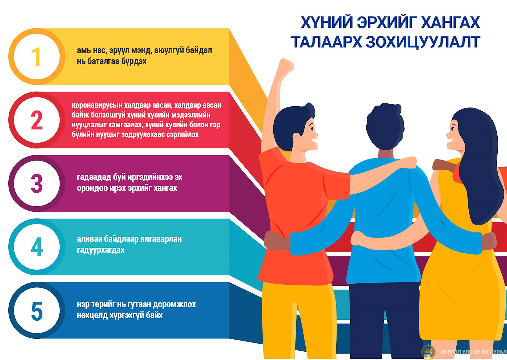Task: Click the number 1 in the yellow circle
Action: click(x=36, y=57)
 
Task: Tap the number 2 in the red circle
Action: click(x=37, y=120)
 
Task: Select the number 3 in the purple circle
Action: click(x=37, y=183)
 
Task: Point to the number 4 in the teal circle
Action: click(x=37, y=247)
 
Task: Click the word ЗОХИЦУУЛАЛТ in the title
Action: click(x=423, y=42)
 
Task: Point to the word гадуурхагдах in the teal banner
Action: click(x=101, y=250)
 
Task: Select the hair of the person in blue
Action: click(x=385, y=126)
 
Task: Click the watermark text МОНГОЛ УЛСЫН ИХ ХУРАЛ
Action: click(x=473, y=352)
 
